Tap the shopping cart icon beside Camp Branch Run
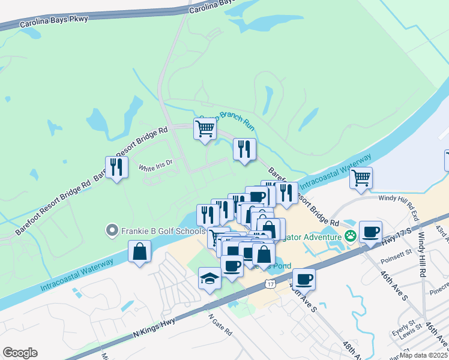205,128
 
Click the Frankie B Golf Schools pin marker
111,230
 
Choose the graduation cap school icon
209,278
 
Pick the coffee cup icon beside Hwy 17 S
371,231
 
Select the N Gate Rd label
220,323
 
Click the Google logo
20,353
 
